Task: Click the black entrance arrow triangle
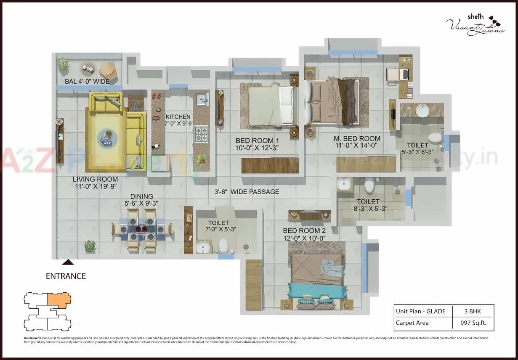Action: [68, 262]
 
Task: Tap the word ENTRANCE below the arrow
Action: [66, 276]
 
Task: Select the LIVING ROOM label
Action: [95, 180]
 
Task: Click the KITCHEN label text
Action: [178, 117]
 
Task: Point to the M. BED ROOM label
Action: [357, 138]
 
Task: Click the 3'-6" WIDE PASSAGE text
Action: [247, 192]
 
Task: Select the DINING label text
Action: [141, 196]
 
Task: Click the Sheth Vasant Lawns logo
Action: [474, 25]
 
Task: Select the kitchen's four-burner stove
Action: [201, 135]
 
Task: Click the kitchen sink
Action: [202, 100]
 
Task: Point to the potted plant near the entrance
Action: [90, 246]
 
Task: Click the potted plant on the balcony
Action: [63, 64]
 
